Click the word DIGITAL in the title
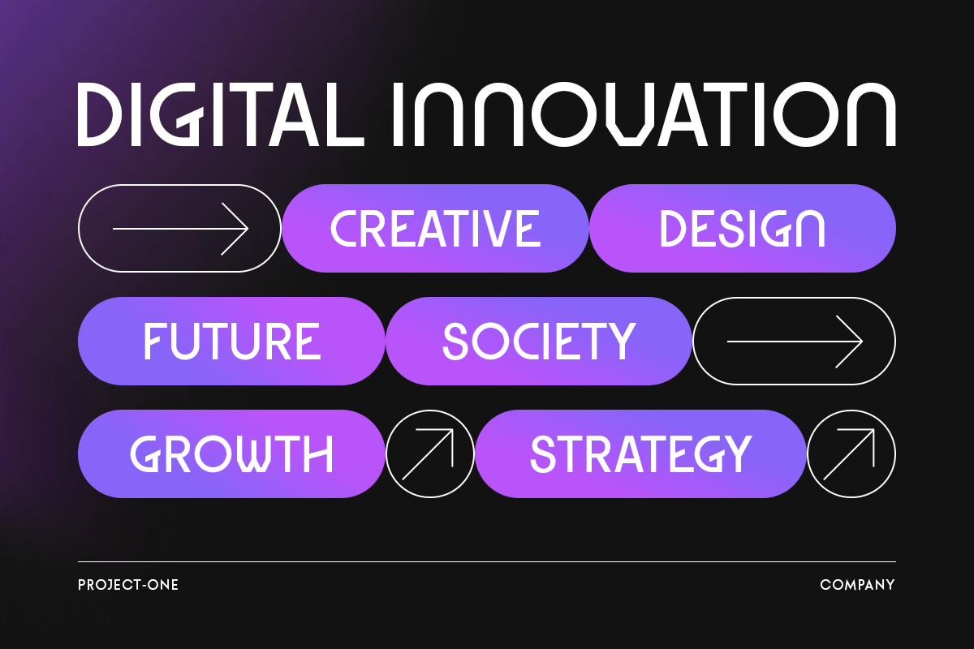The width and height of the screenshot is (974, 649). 221,114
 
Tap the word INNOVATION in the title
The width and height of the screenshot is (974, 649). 644,114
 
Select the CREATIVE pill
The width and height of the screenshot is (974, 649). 435,228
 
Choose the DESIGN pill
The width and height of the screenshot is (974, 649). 743,228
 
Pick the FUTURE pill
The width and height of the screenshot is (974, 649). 231,341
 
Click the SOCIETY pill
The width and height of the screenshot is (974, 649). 539,341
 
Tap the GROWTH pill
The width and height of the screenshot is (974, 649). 231,453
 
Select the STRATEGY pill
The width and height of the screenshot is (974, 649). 641,453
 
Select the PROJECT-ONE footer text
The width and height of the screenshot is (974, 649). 128,585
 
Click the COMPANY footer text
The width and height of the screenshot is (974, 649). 857,585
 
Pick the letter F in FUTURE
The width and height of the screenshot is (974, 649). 153,342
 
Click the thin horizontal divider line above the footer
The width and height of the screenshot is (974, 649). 487,561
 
